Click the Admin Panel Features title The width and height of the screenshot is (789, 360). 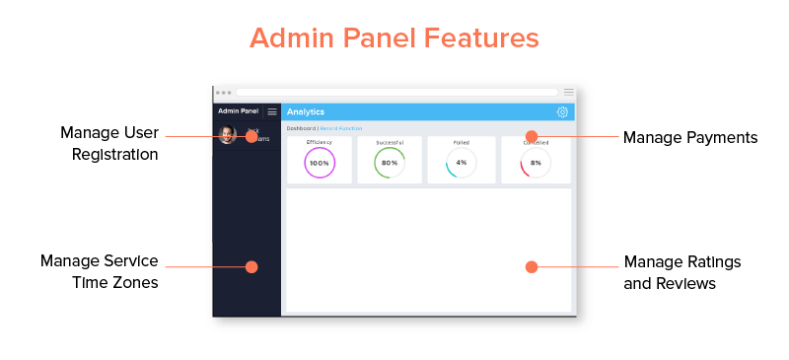[x=394, y=37]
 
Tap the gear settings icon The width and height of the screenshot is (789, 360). [x=562, y=112]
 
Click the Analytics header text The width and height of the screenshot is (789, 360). [x=306, y=112]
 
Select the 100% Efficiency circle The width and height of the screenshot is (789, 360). [x=320, y=163]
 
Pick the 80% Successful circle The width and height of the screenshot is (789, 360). [x=390, y=163]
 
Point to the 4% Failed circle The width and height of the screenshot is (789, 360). [x=462, y=163]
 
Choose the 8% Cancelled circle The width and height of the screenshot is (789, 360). [x=536, y=163]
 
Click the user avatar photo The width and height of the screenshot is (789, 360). [x=228, y=135]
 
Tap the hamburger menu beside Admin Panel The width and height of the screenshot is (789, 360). [x=272, y=111]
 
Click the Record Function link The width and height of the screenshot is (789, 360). [x=342, y=128]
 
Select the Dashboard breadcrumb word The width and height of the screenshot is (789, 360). [x=301, y=128]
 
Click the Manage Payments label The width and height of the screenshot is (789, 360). [x=690, y=137]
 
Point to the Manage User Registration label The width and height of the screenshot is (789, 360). [x=108, y=143]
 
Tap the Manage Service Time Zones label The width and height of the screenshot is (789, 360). [x=99, y=271]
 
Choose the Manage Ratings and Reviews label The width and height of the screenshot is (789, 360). [x=682, y=272]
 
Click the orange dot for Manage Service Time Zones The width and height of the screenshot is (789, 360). [x=251, y=266]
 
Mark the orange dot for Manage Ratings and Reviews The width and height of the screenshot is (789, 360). [x=532, y=266]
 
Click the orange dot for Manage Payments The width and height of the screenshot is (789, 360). [x=532, y=136]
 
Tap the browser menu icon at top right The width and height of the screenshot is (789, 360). [x=568, y=92]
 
